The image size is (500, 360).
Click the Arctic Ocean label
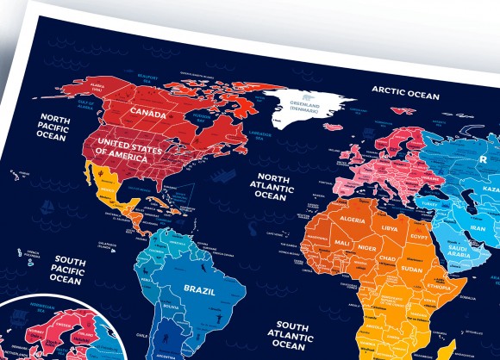(x=405, y=92)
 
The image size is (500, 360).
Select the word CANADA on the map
(x=147, y=111)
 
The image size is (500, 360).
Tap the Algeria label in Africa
(x=347, y=220)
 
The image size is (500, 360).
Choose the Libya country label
(x=390, y=228)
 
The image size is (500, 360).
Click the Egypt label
(x=419, y=237)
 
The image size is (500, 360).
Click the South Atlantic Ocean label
(x=286, y=336)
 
